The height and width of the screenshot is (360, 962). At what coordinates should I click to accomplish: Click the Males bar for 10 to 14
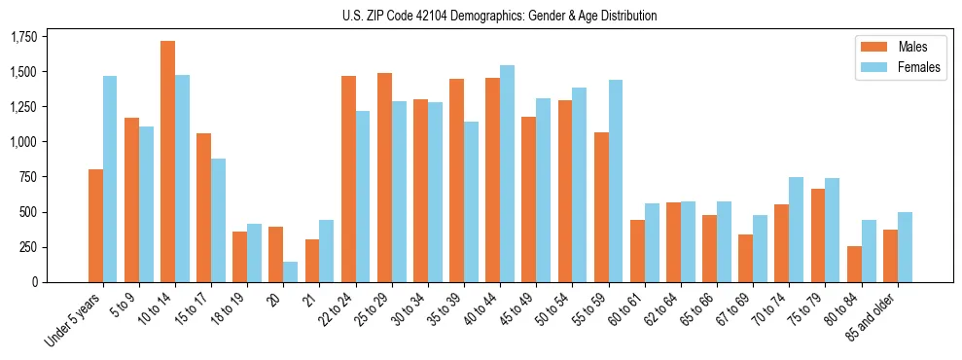167,162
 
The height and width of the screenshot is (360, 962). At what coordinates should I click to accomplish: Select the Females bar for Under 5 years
110,179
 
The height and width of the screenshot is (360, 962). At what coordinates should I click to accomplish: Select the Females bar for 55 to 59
615,181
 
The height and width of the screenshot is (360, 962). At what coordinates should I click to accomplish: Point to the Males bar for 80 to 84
854,264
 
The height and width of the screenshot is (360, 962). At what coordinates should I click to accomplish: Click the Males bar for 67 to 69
746,258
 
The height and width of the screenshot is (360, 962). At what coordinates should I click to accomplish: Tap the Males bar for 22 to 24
348,179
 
